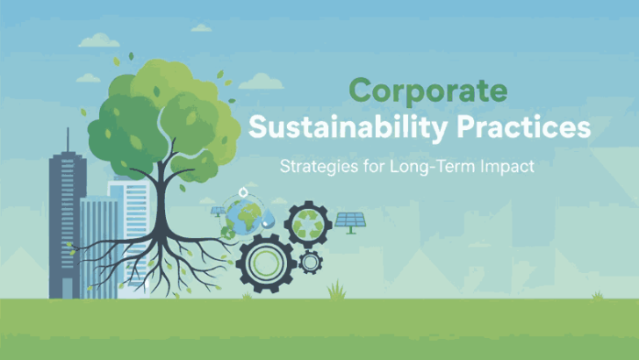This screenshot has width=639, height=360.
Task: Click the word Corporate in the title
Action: (427, 91)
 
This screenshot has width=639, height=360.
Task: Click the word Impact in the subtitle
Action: (502, 165)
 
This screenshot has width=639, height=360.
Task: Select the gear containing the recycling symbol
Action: (308, 225)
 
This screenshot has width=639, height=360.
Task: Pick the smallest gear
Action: (309, 261)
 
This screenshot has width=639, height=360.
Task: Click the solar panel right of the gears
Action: (351, 221)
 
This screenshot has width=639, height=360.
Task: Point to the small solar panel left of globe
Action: (217, 212)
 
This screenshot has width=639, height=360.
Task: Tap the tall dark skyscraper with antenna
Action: (67, 220)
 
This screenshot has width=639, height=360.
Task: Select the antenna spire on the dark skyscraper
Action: (67, 140)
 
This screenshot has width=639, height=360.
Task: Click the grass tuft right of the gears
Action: (335, 290)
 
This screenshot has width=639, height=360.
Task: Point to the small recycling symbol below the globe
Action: (229, 234)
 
